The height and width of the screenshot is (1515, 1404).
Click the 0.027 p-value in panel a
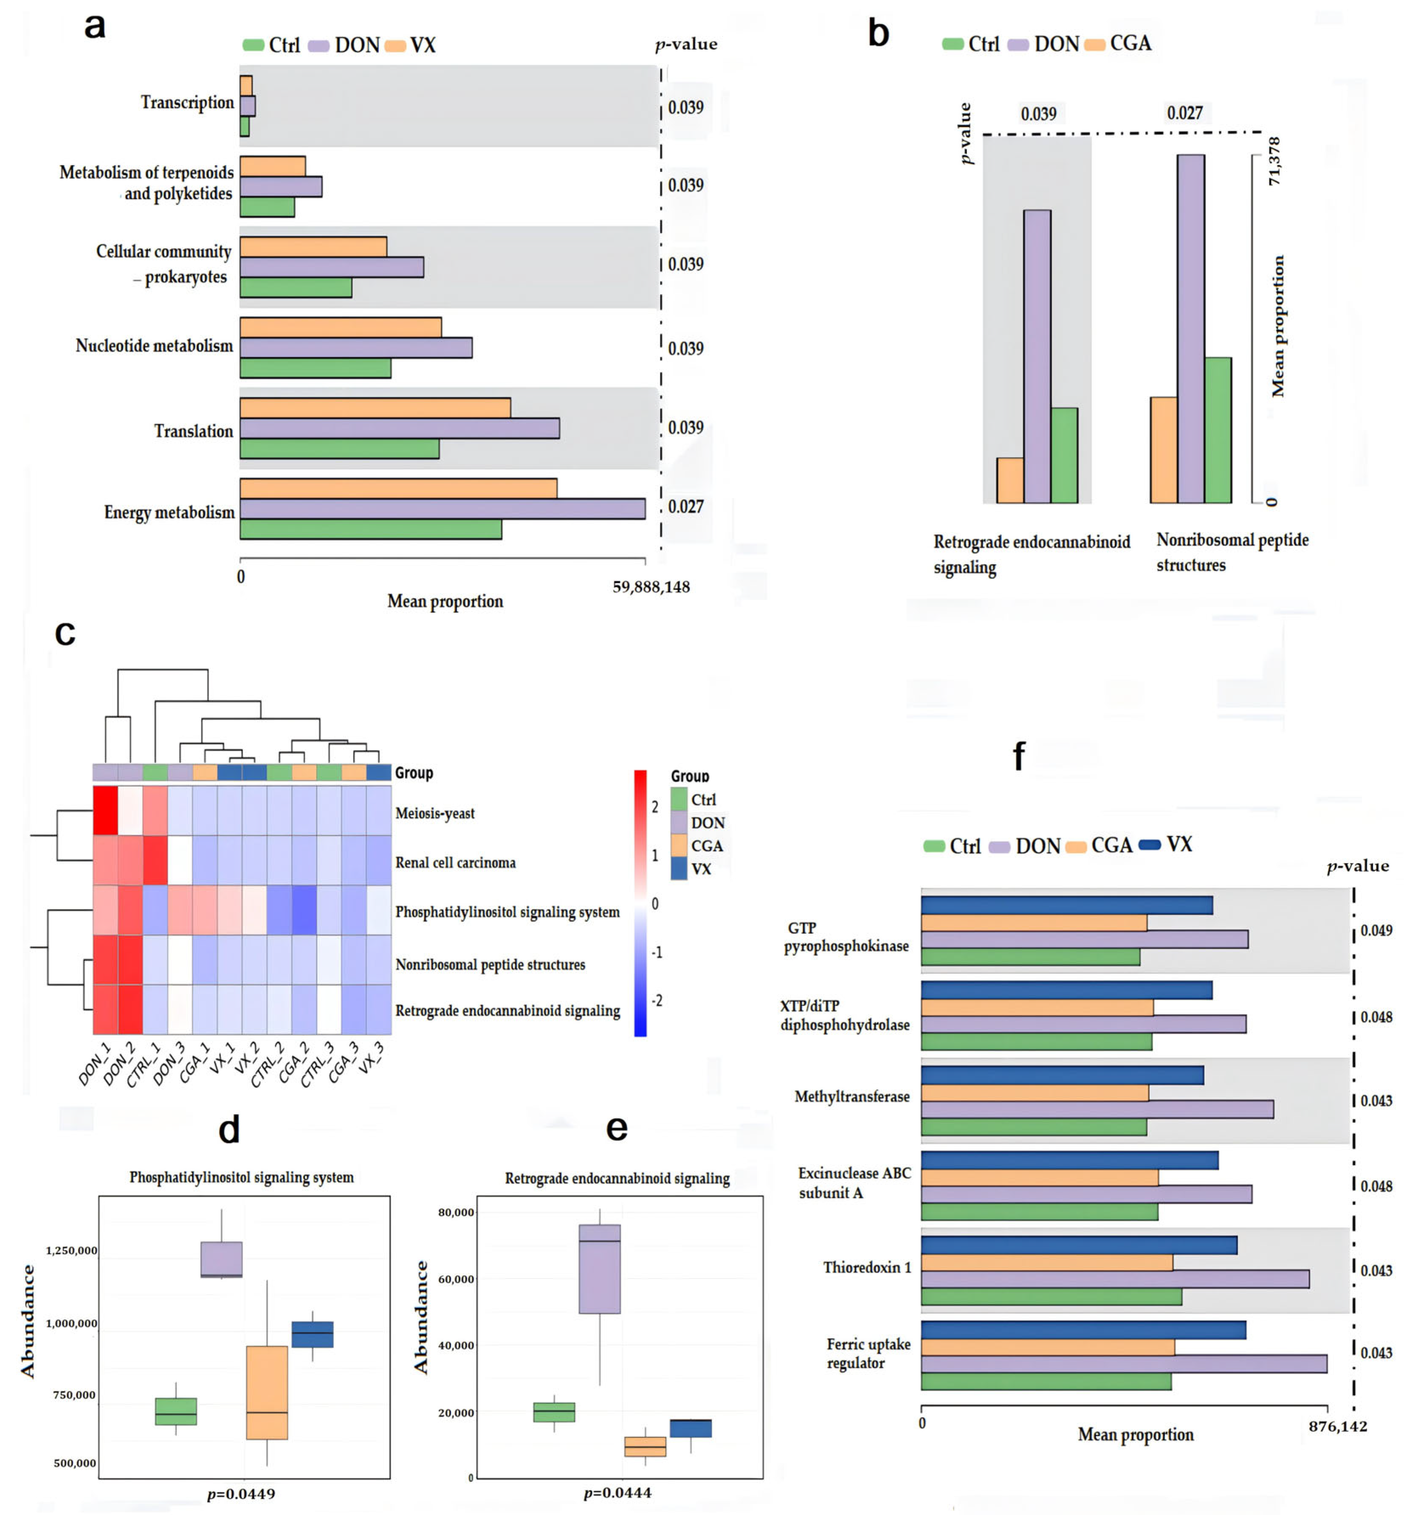pyautogui.click(x=685, y=506)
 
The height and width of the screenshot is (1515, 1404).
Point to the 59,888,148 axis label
pyautogui.click(x=651, y=586)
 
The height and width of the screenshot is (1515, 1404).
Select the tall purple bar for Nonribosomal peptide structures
pyautogui.click(x=1190, y=328)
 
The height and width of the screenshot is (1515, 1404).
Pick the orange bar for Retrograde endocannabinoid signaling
pyautogui.click(x=1010, y=480)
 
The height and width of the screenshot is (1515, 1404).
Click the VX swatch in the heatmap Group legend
pyautogui.click(x=679, y=868)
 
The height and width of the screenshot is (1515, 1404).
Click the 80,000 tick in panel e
pyautogui.click(x=456, y=1212)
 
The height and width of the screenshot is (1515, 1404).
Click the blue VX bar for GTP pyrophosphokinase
pyautogui.click(x=1067, y=905)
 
